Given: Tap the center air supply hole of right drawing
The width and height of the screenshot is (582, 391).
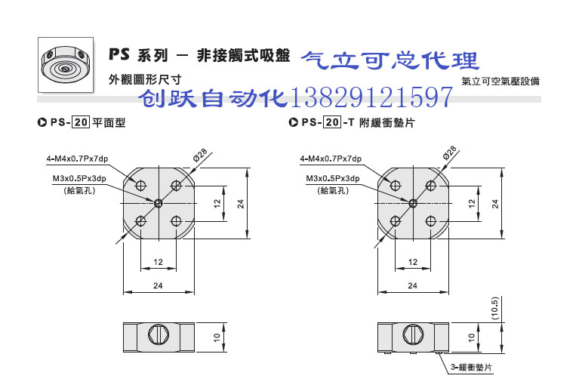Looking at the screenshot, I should (413, 202).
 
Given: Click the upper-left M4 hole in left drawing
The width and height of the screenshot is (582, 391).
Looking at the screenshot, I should (141, 185).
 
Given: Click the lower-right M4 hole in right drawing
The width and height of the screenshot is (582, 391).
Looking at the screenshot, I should (431, 220).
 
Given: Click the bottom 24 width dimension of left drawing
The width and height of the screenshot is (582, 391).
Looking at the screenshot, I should (159, 285).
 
